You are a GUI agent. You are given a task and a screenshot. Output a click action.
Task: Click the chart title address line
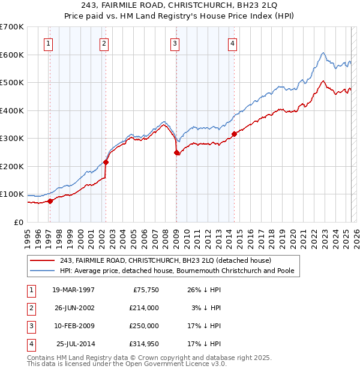click(x=179, y=7)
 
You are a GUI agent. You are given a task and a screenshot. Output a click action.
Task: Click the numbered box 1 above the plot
click(x=47, y=43)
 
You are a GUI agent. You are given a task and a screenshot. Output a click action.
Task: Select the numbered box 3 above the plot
click(x=174, y=43)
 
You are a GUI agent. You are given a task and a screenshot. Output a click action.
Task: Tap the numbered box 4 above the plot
click(x=232, y=43)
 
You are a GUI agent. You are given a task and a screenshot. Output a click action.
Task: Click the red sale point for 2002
click(x=106, y=162)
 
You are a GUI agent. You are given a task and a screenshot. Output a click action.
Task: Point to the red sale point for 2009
click(x=176, y=152)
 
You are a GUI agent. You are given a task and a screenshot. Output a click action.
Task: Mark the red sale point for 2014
click(x=234, y=134)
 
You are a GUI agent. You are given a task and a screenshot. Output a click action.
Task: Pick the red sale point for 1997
click(x=50, y=201)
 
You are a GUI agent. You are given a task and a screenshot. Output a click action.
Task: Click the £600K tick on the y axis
click(x=11, y=55)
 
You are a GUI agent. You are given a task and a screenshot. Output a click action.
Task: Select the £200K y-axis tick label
click(x=11, y=166)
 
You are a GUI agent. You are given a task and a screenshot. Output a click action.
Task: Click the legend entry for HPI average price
click(x=176, y=271)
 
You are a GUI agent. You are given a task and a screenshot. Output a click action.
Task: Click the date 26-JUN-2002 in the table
click(x=73, y=307)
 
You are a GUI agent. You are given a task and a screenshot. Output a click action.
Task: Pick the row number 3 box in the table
click(x=31, y=326)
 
